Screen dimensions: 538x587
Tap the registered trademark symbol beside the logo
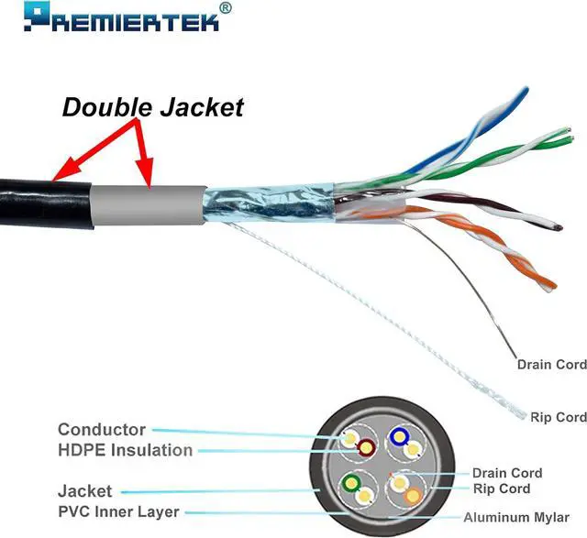pos(227,7)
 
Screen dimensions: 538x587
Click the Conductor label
pos(101,429)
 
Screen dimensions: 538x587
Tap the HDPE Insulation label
pos(125,450)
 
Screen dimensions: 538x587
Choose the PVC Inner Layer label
pos(118,511)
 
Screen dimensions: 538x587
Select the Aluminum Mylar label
pos(524,516)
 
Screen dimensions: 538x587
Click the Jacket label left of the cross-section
pos(84,491)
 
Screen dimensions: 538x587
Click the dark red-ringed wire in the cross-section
pos(366,449)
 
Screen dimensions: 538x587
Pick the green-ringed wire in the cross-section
pos(350,483)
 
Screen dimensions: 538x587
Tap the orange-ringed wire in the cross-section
pos(413,496)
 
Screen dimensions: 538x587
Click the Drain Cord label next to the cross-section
pos(507,473)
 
